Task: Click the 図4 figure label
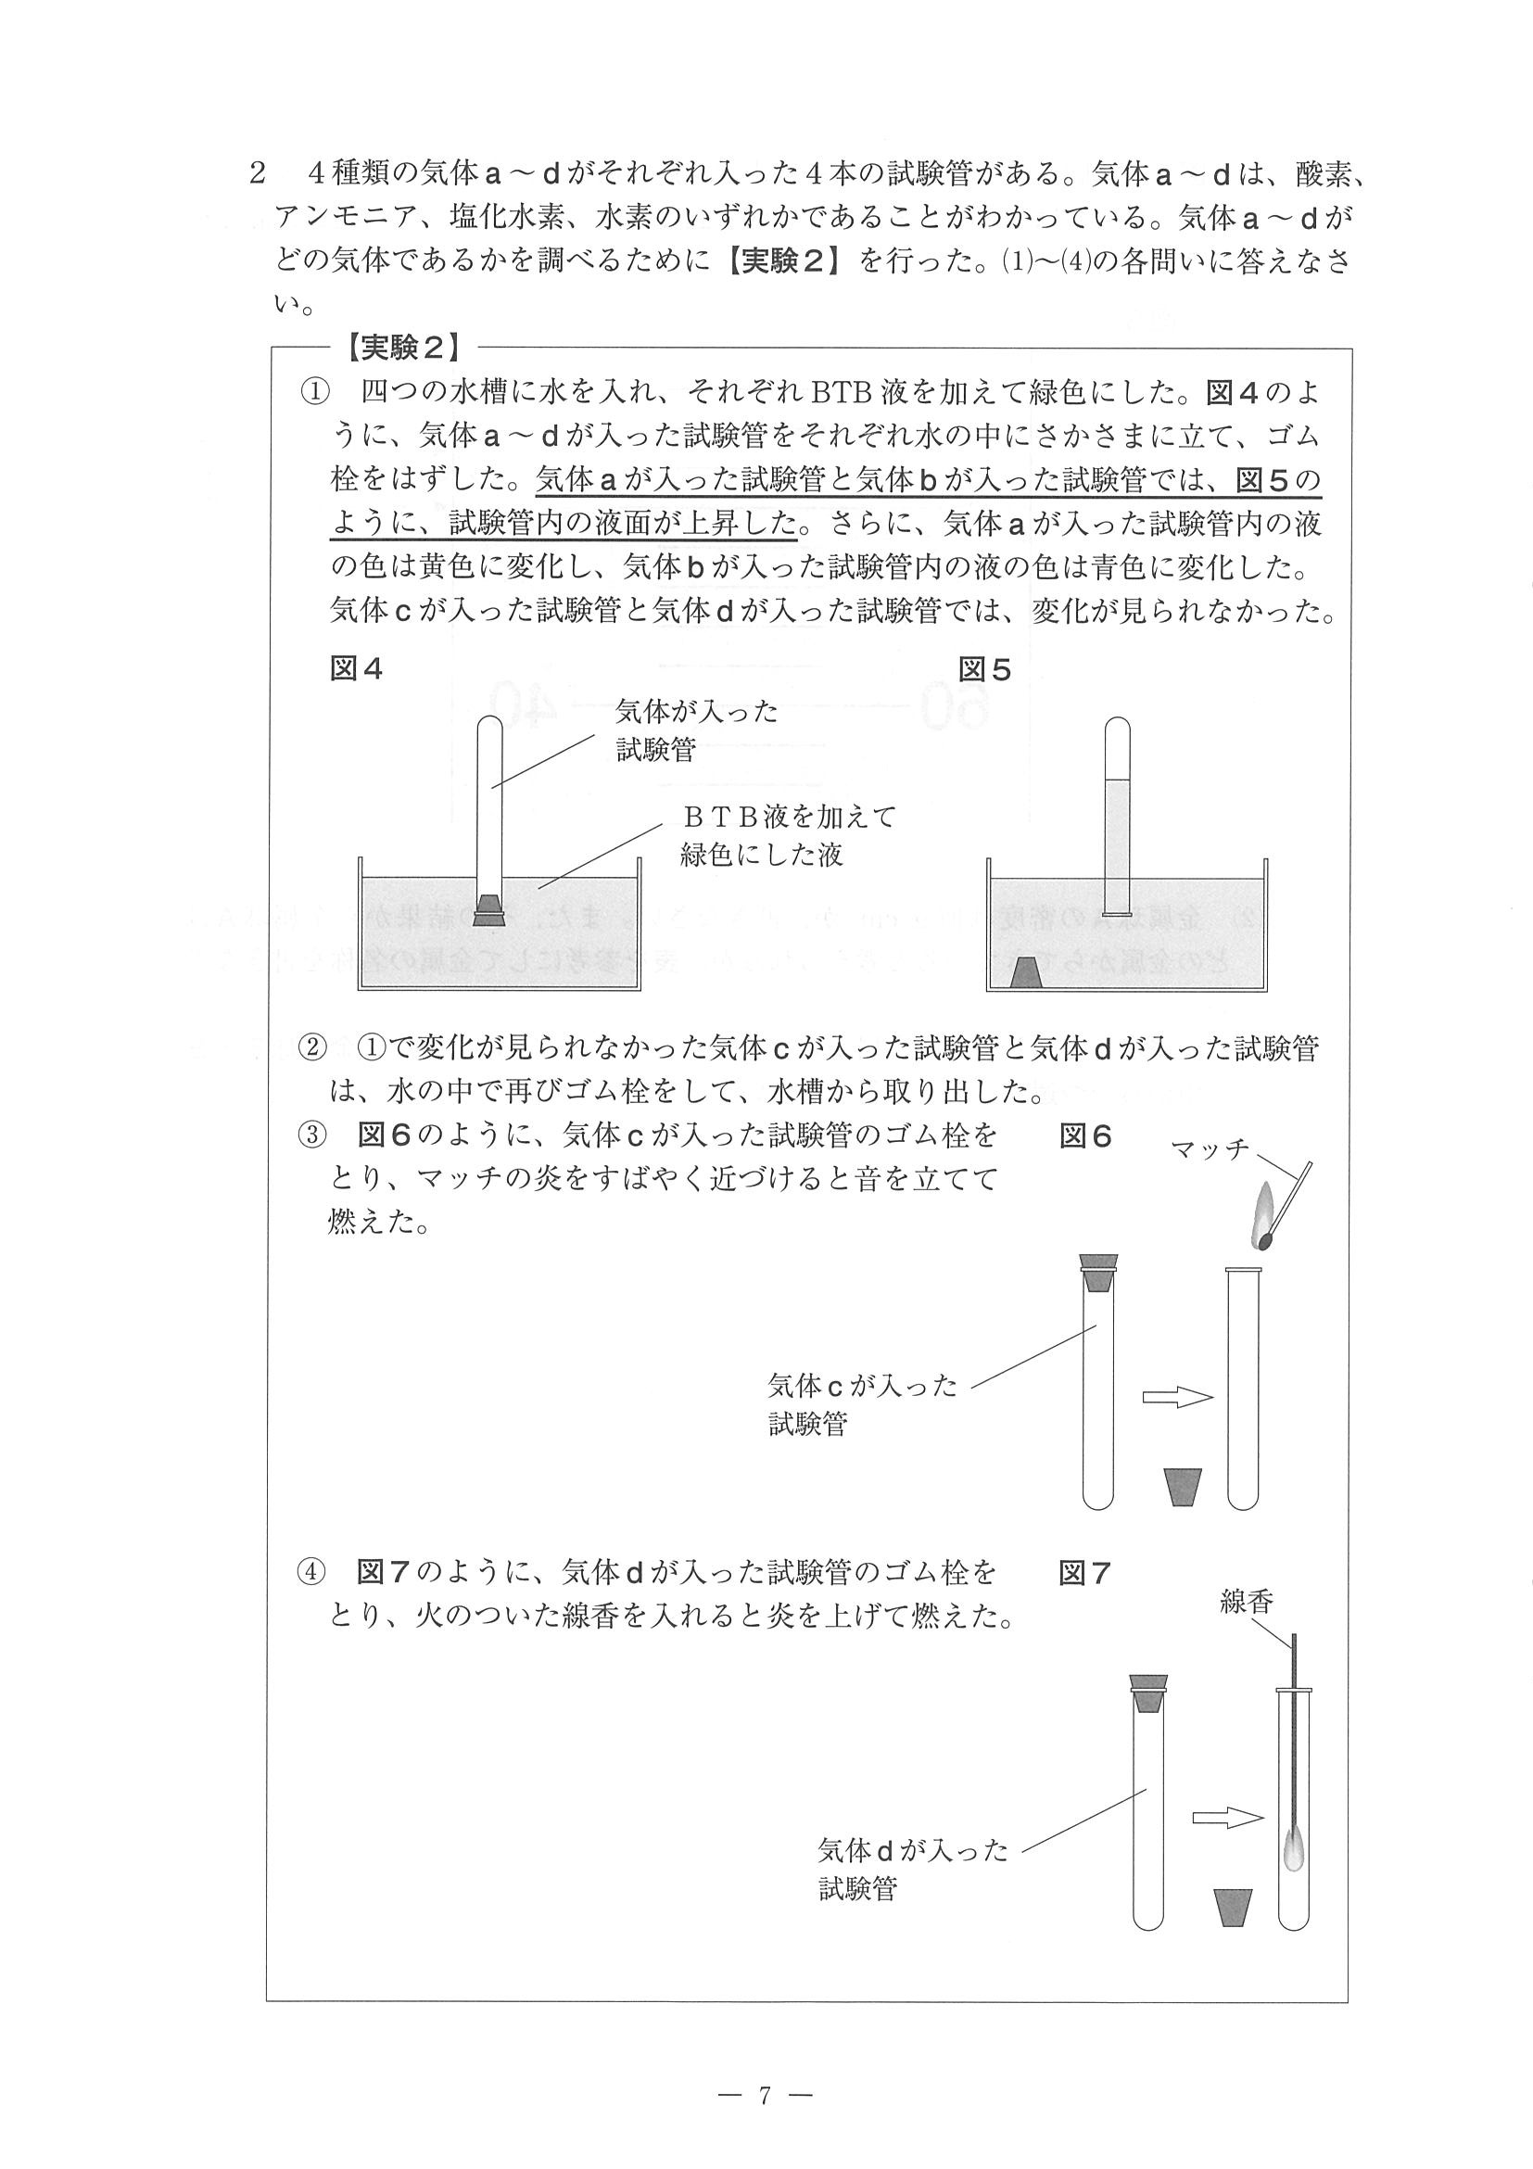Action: [x=356, y=669]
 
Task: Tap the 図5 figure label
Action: [x=984, y=670]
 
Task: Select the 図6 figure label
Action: [x=1085, y=1135]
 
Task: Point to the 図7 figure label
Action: [x=1085, y=1573]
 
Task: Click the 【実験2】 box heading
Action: [x=403, y=349]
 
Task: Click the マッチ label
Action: [x=1209, y=1149]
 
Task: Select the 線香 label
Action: [x=1246, y=1601]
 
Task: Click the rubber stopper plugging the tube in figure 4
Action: [x=489, y=907]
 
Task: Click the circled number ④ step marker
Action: [x=311, y=1573]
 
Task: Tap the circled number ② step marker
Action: [x=311, y=1047]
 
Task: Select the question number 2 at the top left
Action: [x=256, y=174]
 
